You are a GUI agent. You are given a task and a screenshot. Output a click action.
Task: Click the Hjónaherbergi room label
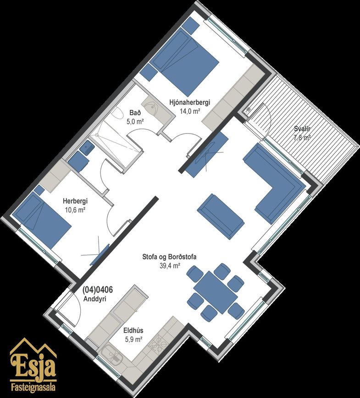190,103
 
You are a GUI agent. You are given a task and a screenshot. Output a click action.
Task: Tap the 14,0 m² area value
190,111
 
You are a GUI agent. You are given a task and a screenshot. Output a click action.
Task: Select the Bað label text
135,113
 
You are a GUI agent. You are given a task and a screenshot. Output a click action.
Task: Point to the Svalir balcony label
302,129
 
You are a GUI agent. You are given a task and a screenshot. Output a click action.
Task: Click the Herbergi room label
75,201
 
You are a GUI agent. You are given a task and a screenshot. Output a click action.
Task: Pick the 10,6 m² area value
75,210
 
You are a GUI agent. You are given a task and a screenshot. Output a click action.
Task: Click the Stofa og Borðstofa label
169,257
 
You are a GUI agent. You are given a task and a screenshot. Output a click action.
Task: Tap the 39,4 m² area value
170,265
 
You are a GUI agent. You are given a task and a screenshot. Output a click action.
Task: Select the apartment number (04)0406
98,290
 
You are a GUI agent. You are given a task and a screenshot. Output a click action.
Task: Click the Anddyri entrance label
95,299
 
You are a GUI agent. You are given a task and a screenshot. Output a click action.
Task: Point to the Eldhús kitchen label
133,331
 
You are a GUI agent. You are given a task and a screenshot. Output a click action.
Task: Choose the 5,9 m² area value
133,339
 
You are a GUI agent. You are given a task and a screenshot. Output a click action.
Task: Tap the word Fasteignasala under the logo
33,387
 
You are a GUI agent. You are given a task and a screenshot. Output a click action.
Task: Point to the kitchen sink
111,353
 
